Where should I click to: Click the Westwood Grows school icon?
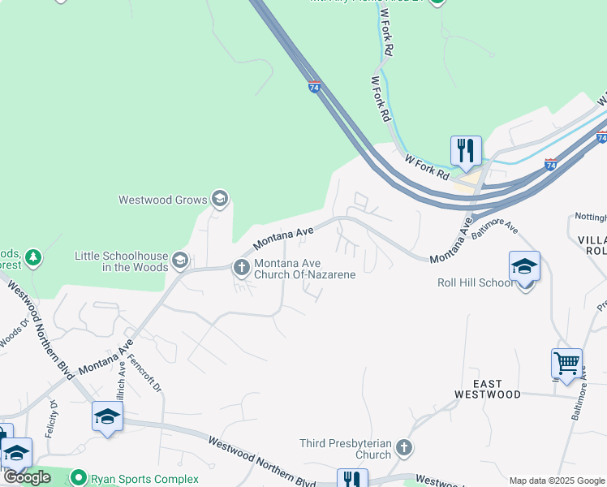[x=219, y=198]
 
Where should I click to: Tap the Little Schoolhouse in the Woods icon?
[x=180, y=261]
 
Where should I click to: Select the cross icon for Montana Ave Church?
[x=241, y=266]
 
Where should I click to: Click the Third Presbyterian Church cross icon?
[x=403, y=447]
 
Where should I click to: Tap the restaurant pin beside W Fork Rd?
[x=466, y=150]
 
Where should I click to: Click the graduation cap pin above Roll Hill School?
[x=524, y=266]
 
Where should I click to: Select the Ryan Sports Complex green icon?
[x=79, y=477]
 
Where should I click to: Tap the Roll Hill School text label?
[x=475, y=283]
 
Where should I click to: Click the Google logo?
[x=27, y=477]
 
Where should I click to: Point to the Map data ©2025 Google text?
[x=557, y=481]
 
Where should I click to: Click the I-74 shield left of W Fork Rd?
[x=314, y=87]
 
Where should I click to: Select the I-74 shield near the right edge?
[x=550, y=165]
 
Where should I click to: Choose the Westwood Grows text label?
[x=162, y=199]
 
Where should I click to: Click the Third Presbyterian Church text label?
[x=346, y=449]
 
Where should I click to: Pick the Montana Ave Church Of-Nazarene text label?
[x=305, y=269]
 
